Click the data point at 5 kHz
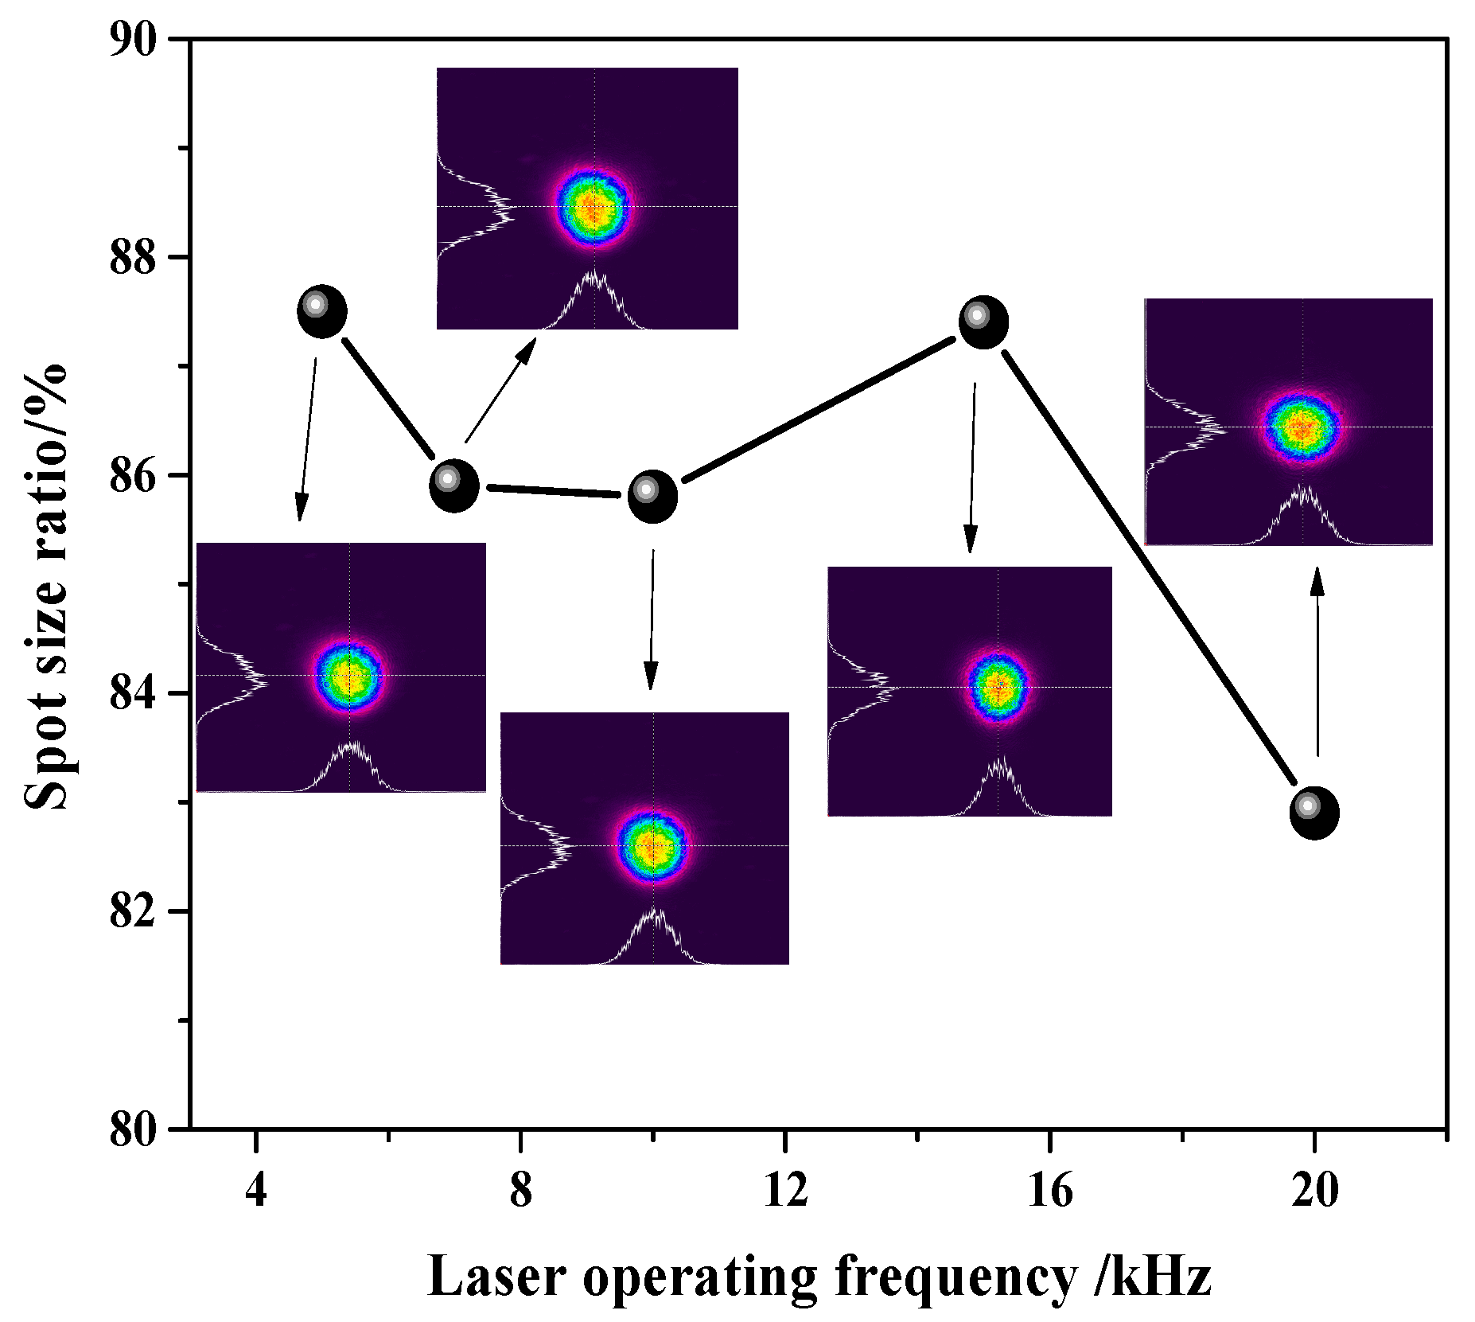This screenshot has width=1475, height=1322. point(322,311)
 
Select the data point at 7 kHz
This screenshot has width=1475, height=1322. point(454,486)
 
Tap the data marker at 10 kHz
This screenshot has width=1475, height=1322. point(653,496)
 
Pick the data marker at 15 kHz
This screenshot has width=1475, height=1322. point(984,322)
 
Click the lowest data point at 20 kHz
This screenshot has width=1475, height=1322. point(1314,813)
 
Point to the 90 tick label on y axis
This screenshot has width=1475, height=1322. point(133,40)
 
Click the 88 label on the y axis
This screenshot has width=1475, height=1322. point(133,257)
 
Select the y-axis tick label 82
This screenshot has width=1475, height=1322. point(133,911)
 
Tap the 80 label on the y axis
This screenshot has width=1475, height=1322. point(133,1129)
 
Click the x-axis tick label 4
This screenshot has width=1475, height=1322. point(255,1191)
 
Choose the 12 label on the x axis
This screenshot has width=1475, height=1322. point(785,1191)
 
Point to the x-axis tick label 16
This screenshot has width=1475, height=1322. point(1050,1191)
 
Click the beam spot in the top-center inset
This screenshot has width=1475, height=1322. point(593,209)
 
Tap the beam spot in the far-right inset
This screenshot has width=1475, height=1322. point(1302,427)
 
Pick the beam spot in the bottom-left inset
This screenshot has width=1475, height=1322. point(348,677)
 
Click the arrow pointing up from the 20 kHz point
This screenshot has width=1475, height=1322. point(1317,661)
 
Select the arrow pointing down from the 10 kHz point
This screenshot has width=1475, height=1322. point(652,621)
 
